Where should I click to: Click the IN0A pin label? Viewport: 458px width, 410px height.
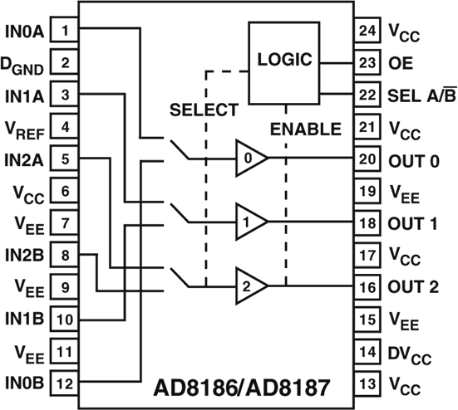click(x=25, y=31)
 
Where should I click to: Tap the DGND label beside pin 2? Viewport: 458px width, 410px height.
click(x=24, y=64)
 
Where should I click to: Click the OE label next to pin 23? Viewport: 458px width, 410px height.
click(x=401, y=62)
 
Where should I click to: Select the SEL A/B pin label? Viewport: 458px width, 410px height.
click(x=420, y=95)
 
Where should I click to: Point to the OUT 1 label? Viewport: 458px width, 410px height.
click(x=413, y=223)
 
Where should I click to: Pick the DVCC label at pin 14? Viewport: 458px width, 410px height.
click(x=409, y=353)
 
